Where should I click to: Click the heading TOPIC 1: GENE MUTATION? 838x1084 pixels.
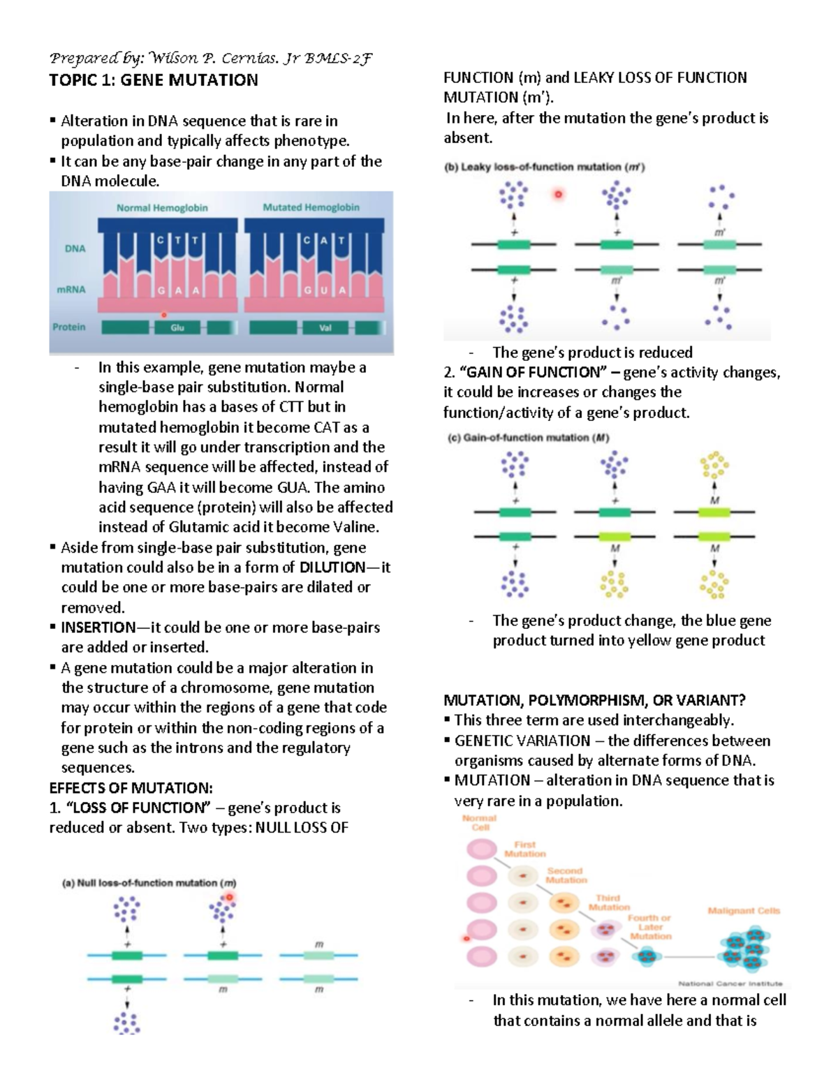(x=154, y=80)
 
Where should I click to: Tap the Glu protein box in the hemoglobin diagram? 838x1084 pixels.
(x=177, y=327)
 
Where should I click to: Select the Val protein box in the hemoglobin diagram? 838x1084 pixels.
(x=325, y=327)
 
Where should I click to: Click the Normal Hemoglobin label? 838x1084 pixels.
(x=162, y=207)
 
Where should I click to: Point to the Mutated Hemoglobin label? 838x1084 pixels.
(x=311, y=207)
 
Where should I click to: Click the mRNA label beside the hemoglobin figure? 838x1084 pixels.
(x=71, y=289)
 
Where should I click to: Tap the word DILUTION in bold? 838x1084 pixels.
(x=332, y=567)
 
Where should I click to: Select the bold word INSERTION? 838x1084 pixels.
(x=98, y=628)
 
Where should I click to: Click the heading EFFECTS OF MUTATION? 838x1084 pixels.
(x=131, y=788)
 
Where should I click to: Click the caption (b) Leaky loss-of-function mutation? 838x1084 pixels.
(x=545, y=167)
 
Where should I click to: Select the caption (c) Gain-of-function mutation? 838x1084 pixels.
(x=529, y=438)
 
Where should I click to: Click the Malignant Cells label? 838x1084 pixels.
(x=744, y=911)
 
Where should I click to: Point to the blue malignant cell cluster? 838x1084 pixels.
(x=744, y=949)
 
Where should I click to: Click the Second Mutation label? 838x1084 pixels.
(x=566, y=875)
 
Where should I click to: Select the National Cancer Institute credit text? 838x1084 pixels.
(x=730, y=983)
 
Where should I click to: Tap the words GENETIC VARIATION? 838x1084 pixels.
(x=522, y=741)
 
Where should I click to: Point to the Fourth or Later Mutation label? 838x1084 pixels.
(x=649, y=927)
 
